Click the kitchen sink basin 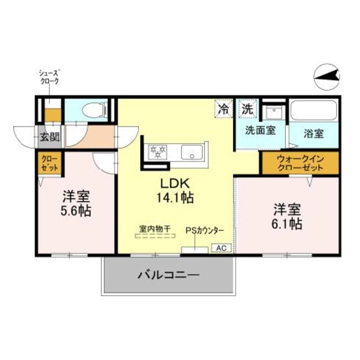[x=192, y=151]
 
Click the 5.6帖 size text [x=76, y=211]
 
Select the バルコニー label [x=168, y=276]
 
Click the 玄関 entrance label [x=51, y=136]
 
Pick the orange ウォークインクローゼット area [x=299, y=163]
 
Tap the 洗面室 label [x=260, y=130]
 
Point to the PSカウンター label [x=205, y=231]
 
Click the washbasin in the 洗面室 [x=273, y=111]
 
